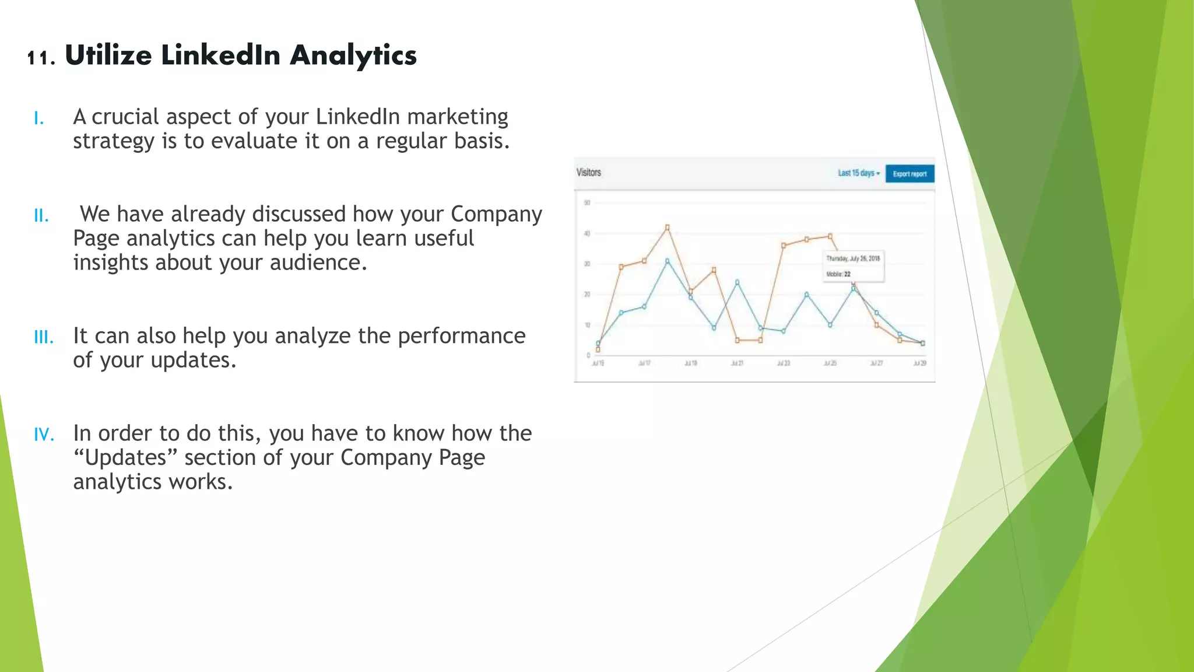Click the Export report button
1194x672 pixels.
point(909,174)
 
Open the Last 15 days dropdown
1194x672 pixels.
point(858,173)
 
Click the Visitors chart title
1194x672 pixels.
point(588,173)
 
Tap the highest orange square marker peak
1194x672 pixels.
point(668,228)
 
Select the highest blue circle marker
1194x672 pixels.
point(668,261)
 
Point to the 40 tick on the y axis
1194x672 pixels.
point(587,234)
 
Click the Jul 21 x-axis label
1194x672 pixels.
point(737,363)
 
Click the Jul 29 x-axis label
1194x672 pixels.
point(919,363)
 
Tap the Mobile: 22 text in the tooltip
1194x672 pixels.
point(838,274)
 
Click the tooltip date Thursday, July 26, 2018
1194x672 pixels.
point(853,258)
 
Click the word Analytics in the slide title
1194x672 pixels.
point(353,56)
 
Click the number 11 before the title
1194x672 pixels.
point(40,58)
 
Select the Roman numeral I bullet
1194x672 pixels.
point(38,119)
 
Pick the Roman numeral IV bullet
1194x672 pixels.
point(44,435)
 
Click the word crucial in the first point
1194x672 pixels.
point(125,117)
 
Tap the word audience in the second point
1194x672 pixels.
point(318,263)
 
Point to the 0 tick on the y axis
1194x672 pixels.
point(588,355)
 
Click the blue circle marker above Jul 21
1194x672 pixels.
point(737,282)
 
